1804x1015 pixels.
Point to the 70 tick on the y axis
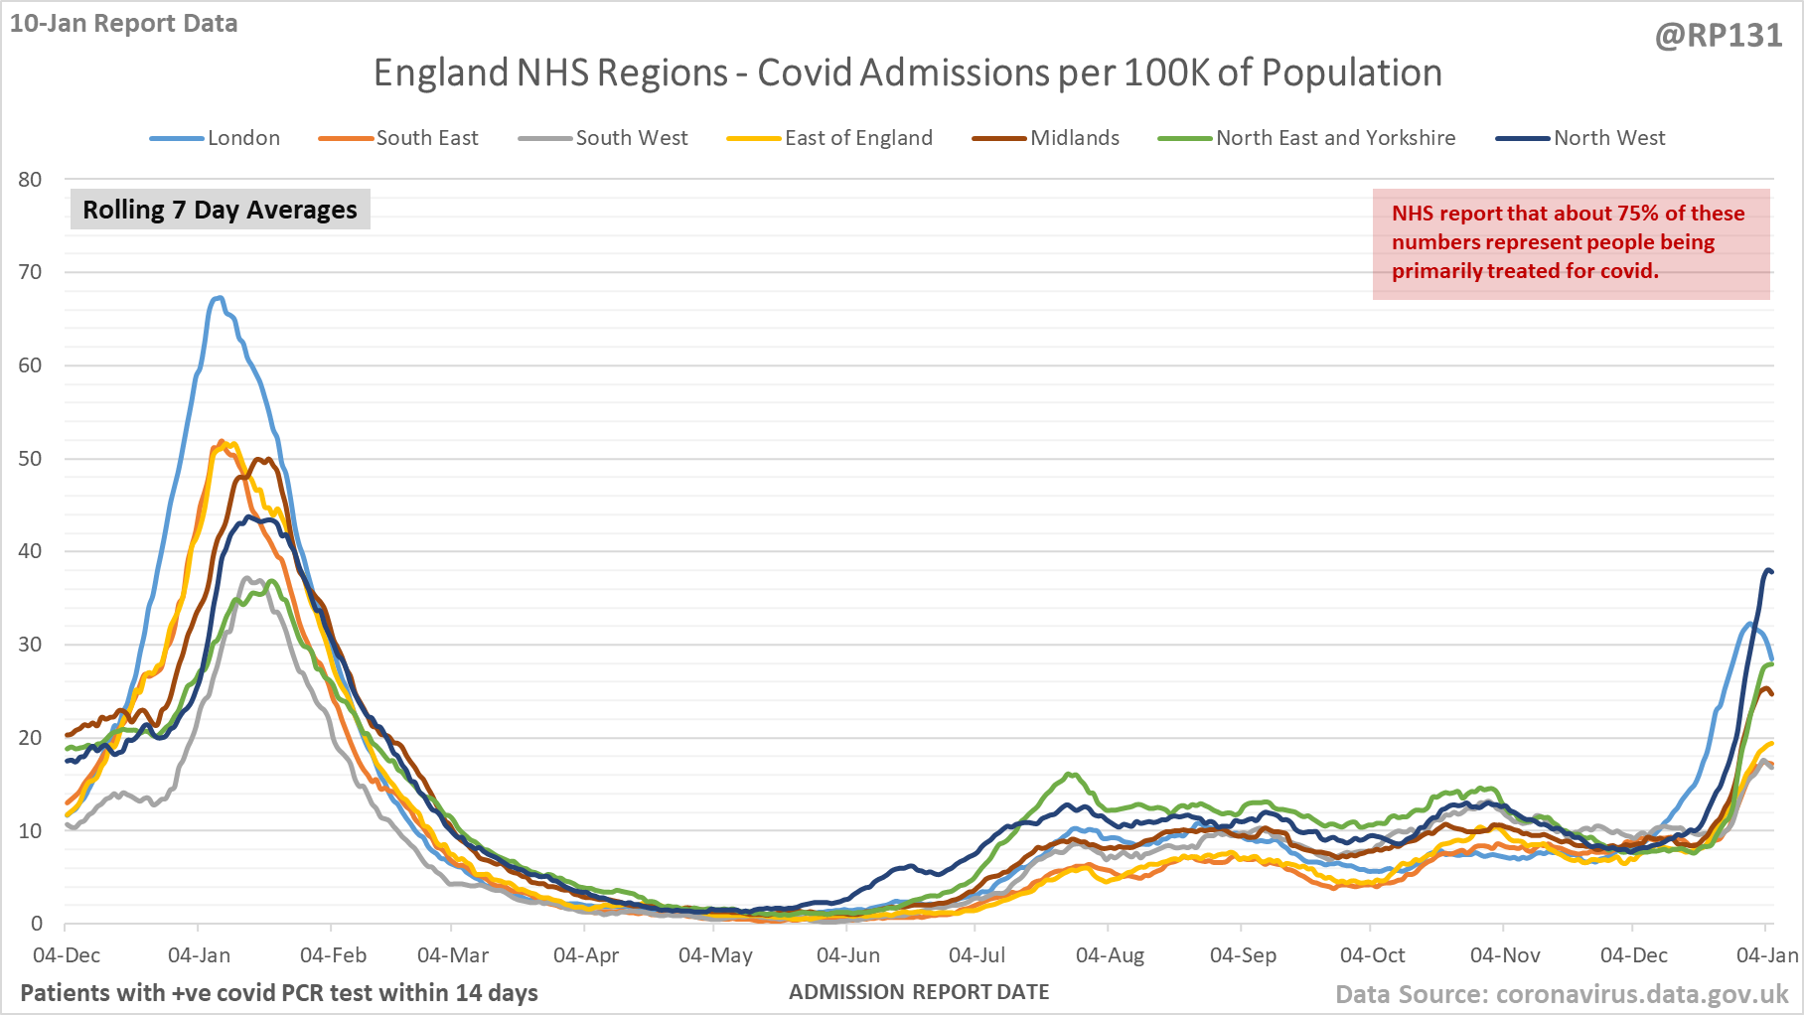click(30, 272)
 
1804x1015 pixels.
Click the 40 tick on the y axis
click(30, 551)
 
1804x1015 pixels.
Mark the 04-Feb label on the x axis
click(333, 955)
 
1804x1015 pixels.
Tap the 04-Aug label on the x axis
click(1110, 955)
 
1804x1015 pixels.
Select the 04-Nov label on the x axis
click(1505, 955)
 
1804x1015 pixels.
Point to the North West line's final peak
click(1768, 570)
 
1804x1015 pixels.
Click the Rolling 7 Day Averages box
click(220, 210)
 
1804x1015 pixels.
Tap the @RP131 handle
click(1719, 36)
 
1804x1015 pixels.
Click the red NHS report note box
click(1571, 243)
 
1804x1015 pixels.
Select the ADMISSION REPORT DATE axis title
click(919, 992)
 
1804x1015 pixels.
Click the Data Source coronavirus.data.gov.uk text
click(1562, 994)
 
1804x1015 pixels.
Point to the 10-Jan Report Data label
click(124, 24)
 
